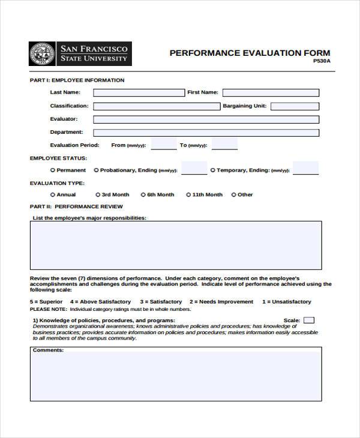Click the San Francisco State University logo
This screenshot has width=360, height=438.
coord(80,53)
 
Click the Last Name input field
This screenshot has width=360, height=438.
coord(139,92)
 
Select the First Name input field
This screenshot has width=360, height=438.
coord(271,92)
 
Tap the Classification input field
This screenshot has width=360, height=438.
coord(157,106)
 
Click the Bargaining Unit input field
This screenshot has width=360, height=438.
coord(295,106)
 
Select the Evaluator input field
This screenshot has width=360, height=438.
coord(206,119)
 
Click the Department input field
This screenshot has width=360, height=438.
coord(206,133)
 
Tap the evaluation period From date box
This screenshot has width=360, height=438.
coord(164,144)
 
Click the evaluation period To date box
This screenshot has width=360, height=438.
coord(225,144)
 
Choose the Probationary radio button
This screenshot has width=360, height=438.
coord(97,170)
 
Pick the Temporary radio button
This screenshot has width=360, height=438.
coord(213,170)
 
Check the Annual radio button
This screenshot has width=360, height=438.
coord(53,195)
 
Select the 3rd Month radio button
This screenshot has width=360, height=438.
coord(98,195)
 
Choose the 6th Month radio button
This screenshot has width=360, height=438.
coord(143,195)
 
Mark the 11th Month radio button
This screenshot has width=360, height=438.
coord(188,195)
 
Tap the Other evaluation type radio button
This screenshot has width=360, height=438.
coord(234,195)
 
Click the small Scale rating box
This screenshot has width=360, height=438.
coord(308,320)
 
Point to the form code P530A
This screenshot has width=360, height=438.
coord(322,61)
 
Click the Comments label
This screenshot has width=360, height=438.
coord(48,350)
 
